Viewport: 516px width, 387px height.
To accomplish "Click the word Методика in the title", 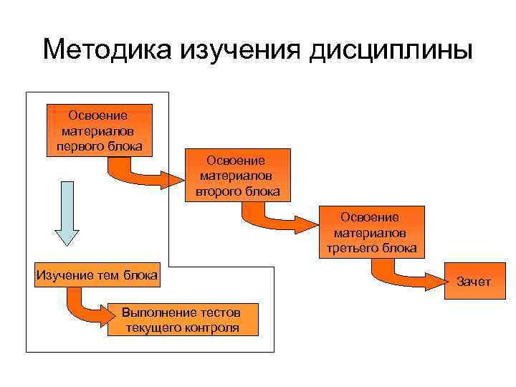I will click(x=107, y=51).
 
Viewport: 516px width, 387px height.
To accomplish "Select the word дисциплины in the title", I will click(x=391, y=52).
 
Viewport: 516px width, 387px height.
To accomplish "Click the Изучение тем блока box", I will click(x=97, y=275).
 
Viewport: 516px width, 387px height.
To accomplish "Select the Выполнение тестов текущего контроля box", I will click(x=181, y=320).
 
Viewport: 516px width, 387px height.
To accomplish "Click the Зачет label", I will click(x=474, y=282).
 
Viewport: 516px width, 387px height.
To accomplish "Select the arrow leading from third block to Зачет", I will click(x=405, y=277).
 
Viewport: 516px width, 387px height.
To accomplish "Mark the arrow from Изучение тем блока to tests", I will click(x=90, y=309).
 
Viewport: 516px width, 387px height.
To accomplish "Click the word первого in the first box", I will click(x=78, y=146).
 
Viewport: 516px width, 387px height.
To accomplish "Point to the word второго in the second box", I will click(x=216, y=192).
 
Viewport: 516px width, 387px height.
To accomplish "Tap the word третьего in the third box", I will click(x=351, y=248).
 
